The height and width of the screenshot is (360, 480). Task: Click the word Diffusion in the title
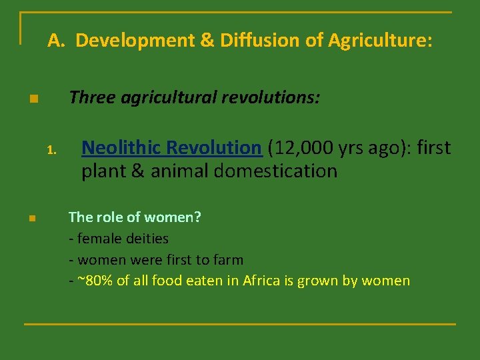pos(262,41)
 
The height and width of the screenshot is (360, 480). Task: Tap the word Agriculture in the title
pos(378,41)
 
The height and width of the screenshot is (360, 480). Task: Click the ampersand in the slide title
pos(206,41)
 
